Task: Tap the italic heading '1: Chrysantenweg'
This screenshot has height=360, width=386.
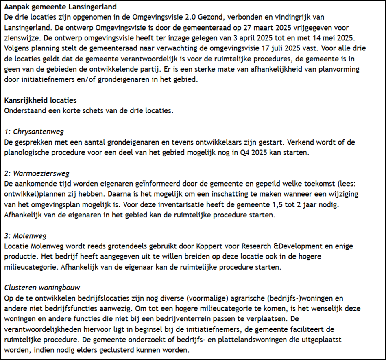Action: point(35,132)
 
